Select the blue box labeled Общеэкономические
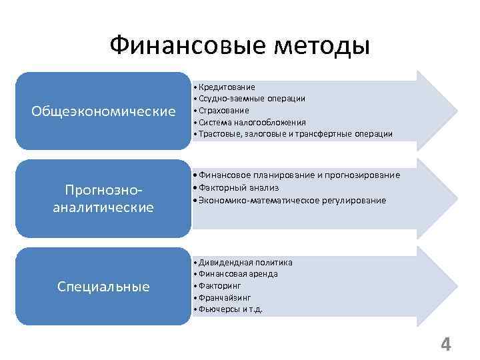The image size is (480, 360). [x=103, y=111]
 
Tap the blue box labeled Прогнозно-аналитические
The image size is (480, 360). [x=103, y=198]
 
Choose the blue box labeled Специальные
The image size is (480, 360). [x=103, y=287]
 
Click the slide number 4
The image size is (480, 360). [x=445, y=345]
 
